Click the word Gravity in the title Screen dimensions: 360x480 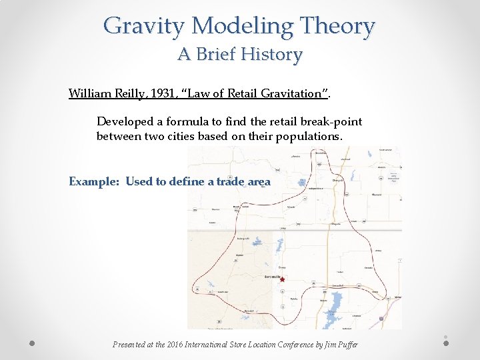(145, 27)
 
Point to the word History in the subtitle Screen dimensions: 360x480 (271, 54)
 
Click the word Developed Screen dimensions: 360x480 (124, 121)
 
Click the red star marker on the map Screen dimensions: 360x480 (282, 280)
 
